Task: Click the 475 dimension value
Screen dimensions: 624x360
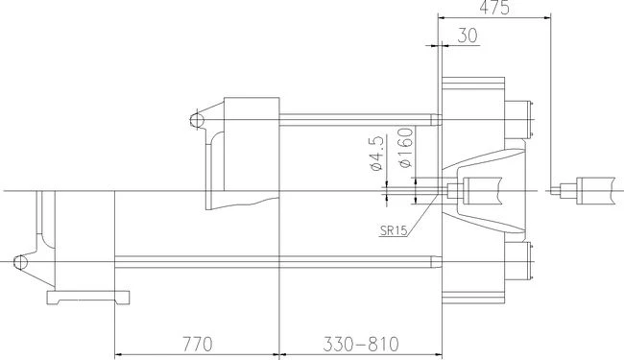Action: [493, 8]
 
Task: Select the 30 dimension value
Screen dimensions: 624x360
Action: [468, 36]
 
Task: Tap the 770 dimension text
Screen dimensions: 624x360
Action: [198, 344]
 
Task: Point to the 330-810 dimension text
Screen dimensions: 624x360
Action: [361, 344]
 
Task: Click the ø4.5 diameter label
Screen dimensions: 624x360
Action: [376, 154]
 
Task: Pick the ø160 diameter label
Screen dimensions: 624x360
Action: [406, 148]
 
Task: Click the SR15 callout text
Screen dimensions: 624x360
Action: [394, 230]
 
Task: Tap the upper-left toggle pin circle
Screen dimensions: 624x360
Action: [197, 119]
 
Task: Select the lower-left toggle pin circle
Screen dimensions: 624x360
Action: [20, 262]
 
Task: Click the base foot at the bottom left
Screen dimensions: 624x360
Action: [88, 298]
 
